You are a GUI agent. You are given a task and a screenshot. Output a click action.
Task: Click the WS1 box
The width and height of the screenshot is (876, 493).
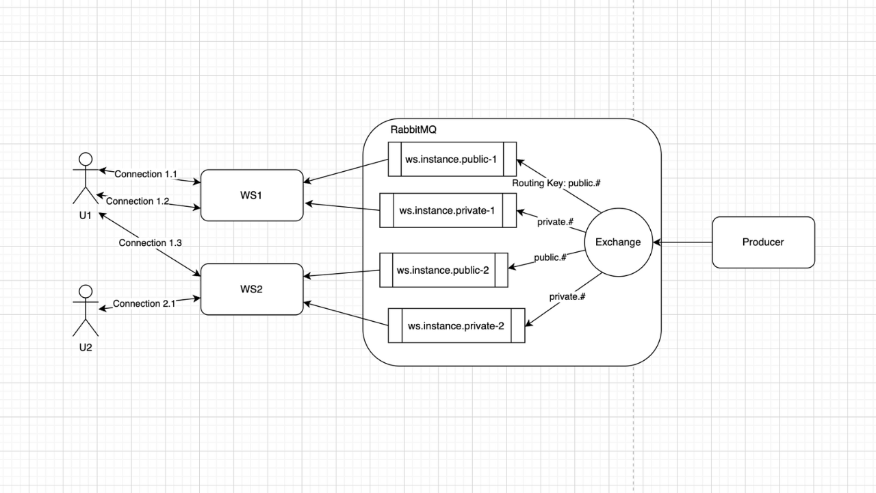tap(251, 195)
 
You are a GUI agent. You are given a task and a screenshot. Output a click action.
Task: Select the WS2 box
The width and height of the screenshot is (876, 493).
tap(251, 289)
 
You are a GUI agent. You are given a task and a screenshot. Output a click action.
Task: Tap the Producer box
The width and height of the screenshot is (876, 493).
tap(763, 242)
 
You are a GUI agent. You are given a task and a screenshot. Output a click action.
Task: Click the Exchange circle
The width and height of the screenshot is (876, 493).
tap(618, 242)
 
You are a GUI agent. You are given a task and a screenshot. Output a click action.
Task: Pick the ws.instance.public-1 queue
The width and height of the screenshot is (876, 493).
tap(452, 159)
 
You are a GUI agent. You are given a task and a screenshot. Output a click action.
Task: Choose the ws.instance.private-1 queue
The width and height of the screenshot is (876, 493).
tap(448, 210)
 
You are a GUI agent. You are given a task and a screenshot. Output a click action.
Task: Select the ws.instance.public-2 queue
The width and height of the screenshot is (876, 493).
tap(443, 270)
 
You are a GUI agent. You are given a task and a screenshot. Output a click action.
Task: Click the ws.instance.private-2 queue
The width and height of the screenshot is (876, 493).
tap(456, 325)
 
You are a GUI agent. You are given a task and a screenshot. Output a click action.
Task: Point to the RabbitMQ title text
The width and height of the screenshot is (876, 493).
tap(413, 130)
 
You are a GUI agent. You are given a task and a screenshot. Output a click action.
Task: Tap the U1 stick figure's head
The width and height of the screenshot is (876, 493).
tap(86, 160)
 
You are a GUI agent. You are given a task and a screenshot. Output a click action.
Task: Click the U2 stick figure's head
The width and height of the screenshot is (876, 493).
tap(86, 290)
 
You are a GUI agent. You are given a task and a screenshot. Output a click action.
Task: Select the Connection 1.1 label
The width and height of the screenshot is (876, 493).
tap(146, 174)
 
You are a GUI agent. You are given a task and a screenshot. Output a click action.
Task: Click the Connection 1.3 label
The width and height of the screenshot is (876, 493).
tap(150, 242)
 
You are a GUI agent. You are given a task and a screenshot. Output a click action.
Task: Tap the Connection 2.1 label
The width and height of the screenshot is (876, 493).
tap(144, 303)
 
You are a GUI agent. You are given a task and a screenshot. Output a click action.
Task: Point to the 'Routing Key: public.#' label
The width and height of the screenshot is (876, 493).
tap(556, 184)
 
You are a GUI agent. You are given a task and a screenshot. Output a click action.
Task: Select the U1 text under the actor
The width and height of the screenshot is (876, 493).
tap(85, 215)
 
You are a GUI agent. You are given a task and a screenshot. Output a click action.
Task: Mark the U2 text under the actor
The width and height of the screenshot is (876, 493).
tap(85, 347)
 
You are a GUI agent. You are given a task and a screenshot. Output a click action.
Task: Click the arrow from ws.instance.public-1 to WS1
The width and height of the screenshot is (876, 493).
tap(346, 171)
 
